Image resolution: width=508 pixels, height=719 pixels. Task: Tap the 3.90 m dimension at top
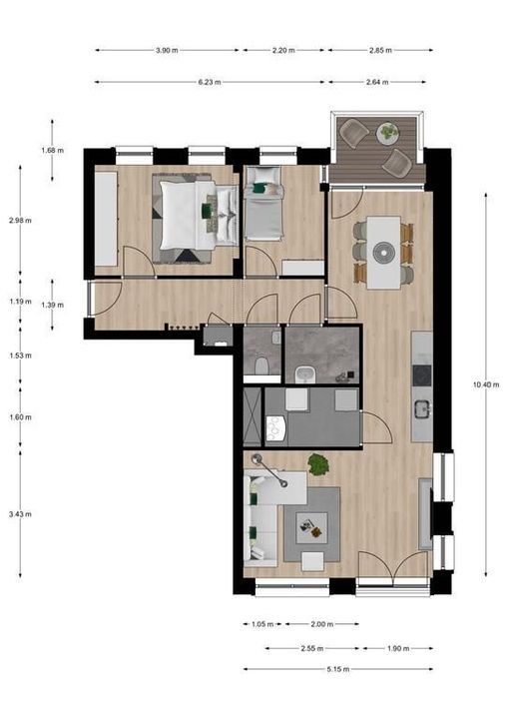coord(168,50)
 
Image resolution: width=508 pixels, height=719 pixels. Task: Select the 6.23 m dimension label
coord(209,83)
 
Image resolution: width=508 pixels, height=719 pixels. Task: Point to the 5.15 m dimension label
coord(338,670)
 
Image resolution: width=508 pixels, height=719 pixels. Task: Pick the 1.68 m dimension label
coord(52,150)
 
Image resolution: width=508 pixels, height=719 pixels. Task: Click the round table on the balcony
coord(386,130)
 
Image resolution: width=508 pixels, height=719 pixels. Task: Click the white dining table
coord(382,252)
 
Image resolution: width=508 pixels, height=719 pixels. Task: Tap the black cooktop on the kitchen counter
coord(421,375)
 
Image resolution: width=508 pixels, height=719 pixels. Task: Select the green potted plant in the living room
coord(318,463)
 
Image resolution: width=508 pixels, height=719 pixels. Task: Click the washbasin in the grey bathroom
coord(303,373)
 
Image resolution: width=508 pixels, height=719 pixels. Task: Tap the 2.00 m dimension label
coord(320,624)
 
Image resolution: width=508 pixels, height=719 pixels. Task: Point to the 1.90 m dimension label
coord(396,648)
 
